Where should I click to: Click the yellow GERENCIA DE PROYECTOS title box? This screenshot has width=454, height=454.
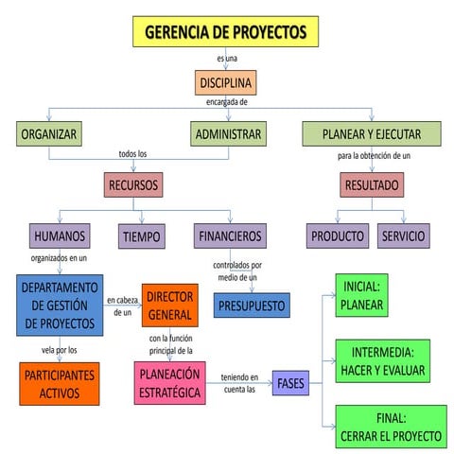click(225, 32)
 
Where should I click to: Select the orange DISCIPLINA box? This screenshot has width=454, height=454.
click(225, 83)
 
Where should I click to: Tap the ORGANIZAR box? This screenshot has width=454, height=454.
click(49, 134)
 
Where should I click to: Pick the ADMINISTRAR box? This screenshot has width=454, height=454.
click(227, 134)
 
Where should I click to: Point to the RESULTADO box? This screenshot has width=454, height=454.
click(371, 184)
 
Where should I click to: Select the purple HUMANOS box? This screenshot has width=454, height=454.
click(60, 236)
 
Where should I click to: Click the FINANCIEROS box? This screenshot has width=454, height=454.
click(229, 236)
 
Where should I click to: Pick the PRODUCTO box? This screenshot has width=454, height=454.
click(338, 236)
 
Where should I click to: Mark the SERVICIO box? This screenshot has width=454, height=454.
click(402, 236)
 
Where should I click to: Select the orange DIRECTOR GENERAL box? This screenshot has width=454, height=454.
click(170, 305)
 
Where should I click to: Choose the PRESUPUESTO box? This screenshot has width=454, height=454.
click(252, 306)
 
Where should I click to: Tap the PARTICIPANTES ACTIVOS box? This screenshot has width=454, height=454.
click(59, 384)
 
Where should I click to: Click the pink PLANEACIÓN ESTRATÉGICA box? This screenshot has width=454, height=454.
click(170, 382)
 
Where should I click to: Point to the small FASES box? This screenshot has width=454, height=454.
click(291, 382)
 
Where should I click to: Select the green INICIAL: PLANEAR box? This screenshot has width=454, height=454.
click(361, 296)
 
